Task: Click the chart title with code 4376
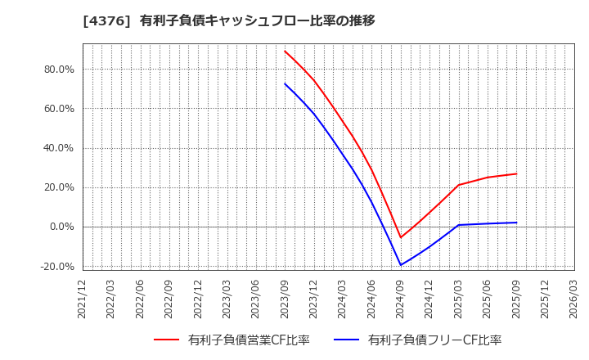coord(229,20)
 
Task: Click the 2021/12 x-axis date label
coord(83,299)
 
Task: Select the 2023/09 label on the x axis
coord(285,299)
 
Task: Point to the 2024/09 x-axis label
coord(401,299)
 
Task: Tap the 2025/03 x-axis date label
coord(458,299)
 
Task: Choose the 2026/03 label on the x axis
coord(574,299)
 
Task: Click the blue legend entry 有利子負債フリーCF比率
coord(417,340)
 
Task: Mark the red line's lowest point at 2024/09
coord(401,238)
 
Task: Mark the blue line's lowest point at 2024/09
coord(401,265)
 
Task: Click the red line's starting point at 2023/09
coord(285,51)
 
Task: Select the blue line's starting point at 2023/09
coord(285,83)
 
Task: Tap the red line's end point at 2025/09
coord(516,173)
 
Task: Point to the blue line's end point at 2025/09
coord(516,223)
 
